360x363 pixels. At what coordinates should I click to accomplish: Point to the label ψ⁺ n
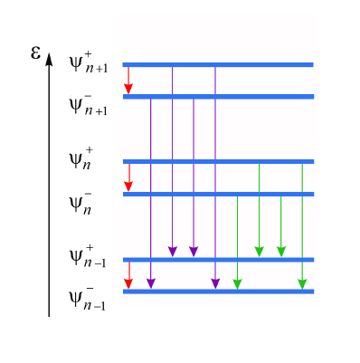[82, 159]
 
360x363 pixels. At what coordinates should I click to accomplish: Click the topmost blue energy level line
[218, 64]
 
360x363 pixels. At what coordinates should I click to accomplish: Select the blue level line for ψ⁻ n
[218, 194]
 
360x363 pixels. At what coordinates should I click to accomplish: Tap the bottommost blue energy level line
[218, 291]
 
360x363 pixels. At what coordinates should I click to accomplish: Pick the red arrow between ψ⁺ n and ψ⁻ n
[128, 177]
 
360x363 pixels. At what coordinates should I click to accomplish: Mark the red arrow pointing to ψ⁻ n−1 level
[128, 275]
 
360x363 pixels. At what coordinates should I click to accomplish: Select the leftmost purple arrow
[150, 194]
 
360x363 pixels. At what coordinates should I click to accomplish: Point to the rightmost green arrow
[302, 226]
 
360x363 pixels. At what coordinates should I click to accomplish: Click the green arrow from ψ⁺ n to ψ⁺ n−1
[259, 210]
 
